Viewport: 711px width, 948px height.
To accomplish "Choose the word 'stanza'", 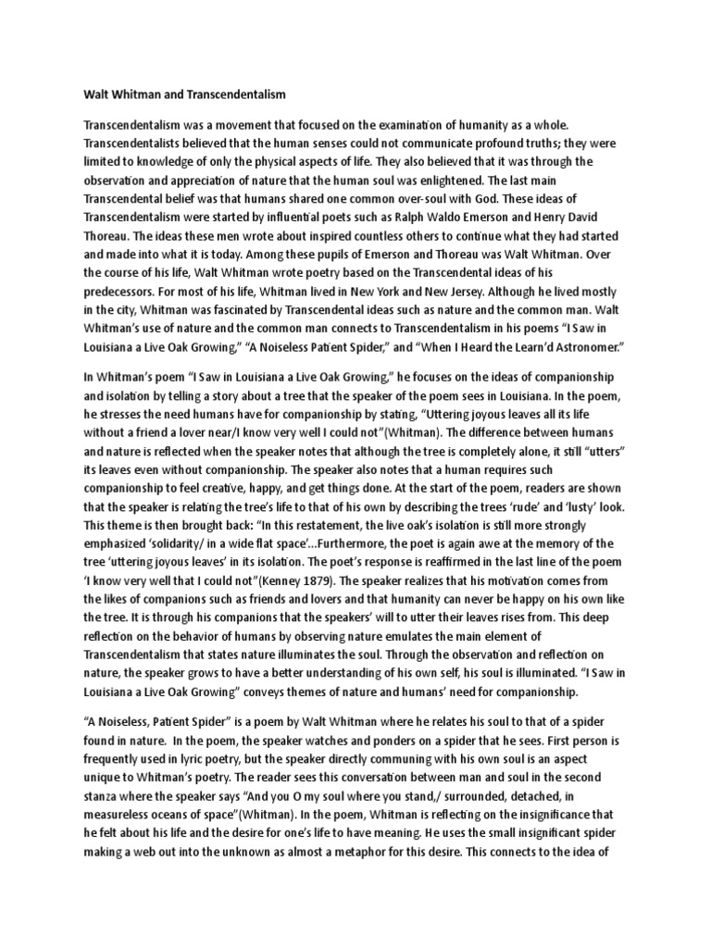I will [105, 802].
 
